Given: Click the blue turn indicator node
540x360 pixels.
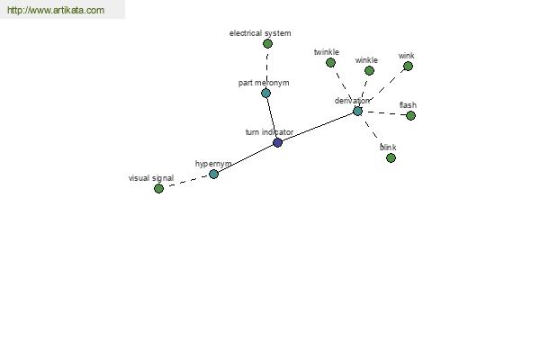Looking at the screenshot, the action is (x=277, y=142).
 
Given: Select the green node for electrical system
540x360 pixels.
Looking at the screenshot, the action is (x=267, y=44).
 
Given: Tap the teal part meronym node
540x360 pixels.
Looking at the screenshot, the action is (x=265, y=93).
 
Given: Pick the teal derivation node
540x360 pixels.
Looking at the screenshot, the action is (x=358, y=111).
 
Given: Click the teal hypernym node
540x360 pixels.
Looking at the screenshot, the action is (x=213, y=174).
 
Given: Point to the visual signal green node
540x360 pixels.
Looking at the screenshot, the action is (x=158, y=188).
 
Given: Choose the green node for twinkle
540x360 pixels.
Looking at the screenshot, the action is (x=330, y=62).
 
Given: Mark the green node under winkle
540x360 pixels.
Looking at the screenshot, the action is (x=369, y=70).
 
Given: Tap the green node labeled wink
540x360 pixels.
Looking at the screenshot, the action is (x=408, y=66).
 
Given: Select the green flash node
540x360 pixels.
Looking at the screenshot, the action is (x=410, y=116).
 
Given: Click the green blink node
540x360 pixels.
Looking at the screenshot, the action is (x=391, y=158).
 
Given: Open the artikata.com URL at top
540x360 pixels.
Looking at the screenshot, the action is (x=56, y=10).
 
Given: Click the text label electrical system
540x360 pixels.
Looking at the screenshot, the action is (x=260, y=33).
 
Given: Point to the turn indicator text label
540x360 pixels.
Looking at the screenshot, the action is (x=269, y=132).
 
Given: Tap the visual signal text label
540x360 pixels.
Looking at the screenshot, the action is (x=151, y=178).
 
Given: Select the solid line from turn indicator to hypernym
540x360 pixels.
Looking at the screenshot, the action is (x=246, y=158).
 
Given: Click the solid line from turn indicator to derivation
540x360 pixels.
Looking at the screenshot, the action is (x=318, y=127).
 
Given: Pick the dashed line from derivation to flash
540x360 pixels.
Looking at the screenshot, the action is (x=384, y=113).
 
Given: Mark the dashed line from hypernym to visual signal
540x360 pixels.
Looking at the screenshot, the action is (x=186, y=181).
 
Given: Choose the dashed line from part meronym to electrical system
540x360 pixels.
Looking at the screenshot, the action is (x=267, y=68).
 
